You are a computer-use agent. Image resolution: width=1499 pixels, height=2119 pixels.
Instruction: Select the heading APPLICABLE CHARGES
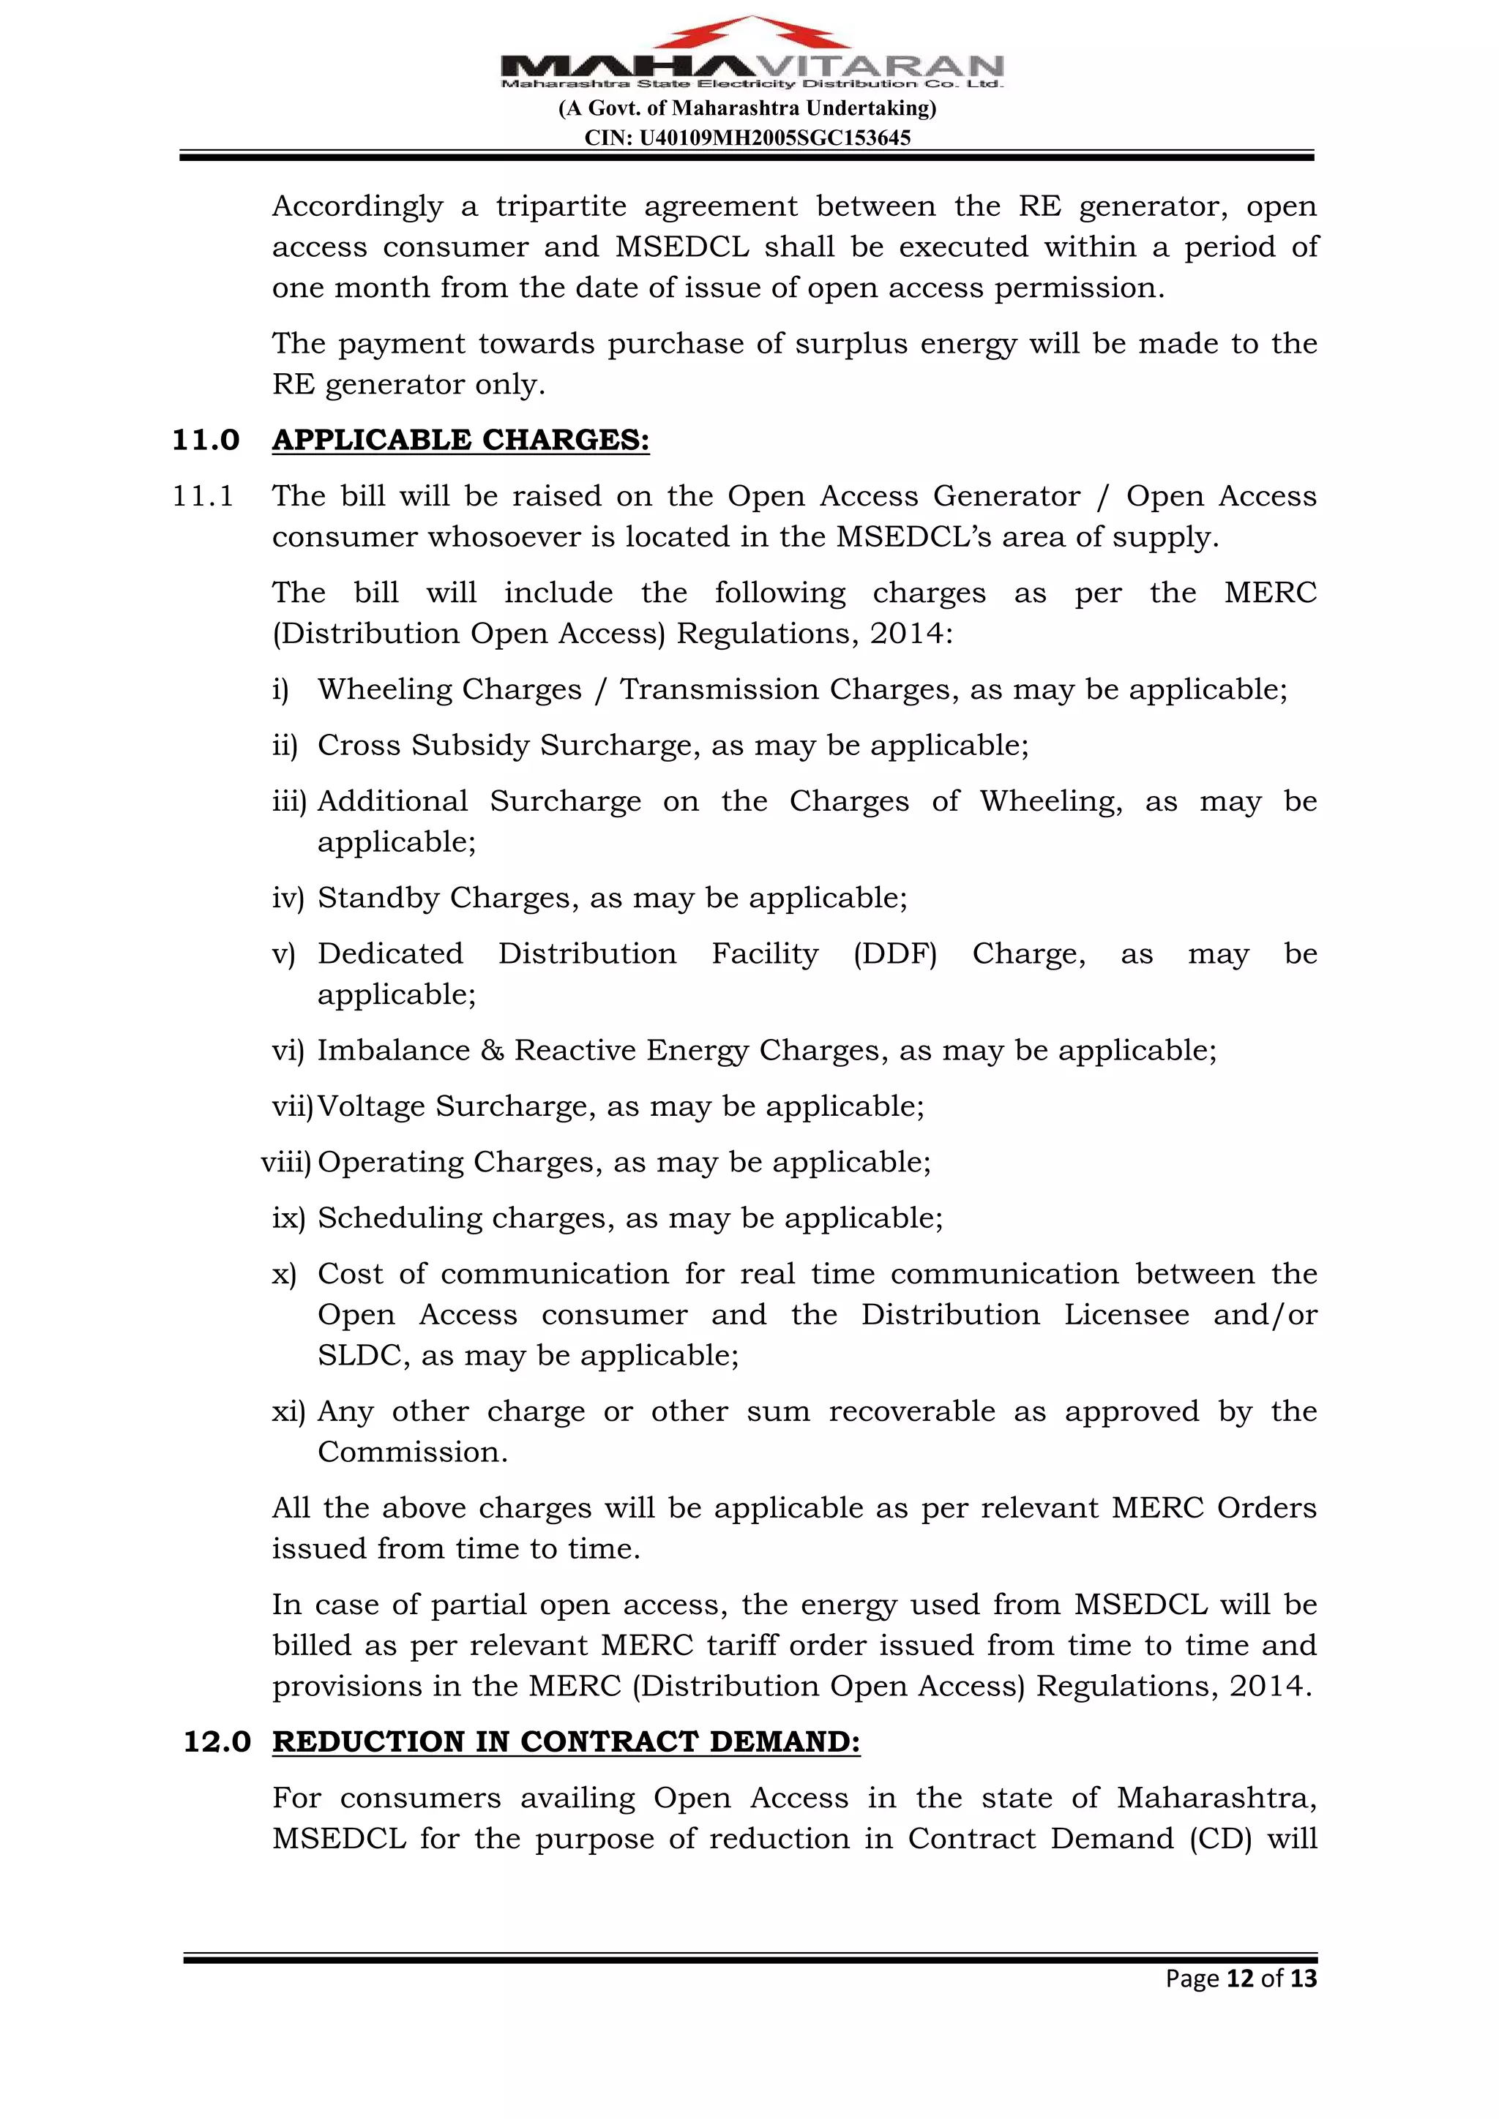(x=460, y=440)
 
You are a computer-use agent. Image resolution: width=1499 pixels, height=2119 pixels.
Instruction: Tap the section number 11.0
(x=206, y=440)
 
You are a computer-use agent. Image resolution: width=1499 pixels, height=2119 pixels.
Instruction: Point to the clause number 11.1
(x=203, y=497)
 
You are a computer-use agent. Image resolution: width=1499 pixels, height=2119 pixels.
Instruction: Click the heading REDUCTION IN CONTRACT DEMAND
(x=566, y=1741)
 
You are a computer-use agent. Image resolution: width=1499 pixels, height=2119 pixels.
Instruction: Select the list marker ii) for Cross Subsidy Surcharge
(x=284, y=746)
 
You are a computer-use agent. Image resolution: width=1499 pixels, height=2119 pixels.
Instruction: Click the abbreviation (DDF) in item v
(x=894, y=953)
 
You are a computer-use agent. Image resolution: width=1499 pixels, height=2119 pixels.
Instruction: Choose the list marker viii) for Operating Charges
(x=286, y=1163)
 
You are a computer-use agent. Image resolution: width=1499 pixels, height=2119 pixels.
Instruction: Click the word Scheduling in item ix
(x=400, y=1219)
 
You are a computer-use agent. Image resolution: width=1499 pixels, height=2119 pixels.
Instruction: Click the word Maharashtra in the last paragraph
(x=1216, y=1798)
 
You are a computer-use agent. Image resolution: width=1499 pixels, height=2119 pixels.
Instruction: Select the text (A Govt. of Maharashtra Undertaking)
(x=747, y=109)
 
